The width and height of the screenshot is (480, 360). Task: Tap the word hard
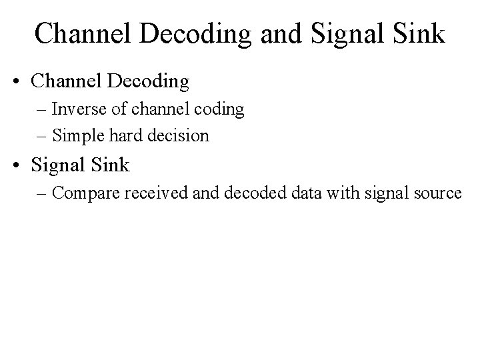(x=128, y=136)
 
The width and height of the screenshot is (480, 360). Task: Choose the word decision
(x=180, y=136)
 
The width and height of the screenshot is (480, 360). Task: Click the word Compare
(x=83, y=193)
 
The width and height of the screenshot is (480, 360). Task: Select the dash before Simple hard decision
(x=44, y=137)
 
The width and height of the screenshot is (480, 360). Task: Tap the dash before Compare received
(x=44, y=194)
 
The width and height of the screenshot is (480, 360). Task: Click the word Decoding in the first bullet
(x=147, y=83)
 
